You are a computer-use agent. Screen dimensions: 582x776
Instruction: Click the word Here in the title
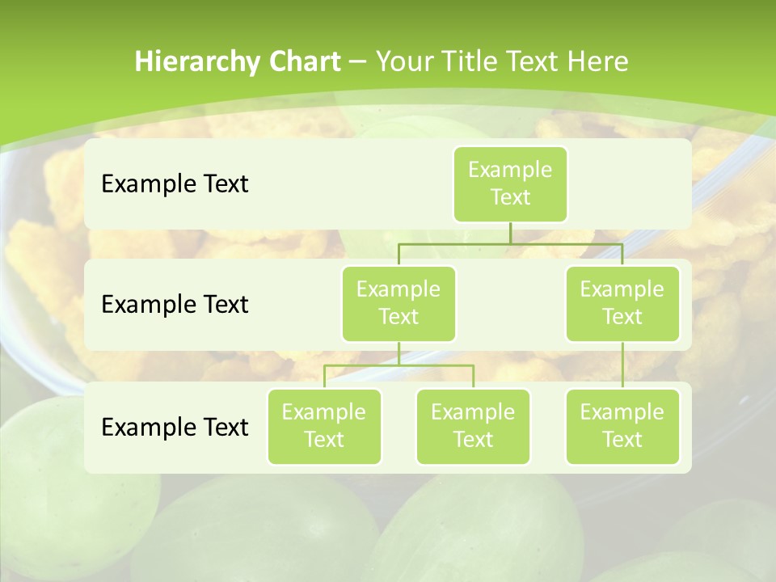click(597, 62)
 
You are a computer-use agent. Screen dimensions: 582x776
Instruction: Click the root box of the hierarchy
click(510, 183)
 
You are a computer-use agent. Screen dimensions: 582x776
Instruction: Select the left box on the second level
click(399, 303)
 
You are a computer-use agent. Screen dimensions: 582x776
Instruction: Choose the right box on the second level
click(622, 303)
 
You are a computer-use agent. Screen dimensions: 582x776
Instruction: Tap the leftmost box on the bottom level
click(324, 426)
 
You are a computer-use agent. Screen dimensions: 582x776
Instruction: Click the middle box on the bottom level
click(473, 426)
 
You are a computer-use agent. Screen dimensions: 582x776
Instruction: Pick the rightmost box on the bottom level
click(622, 426)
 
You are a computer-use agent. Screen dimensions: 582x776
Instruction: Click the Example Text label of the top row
click(175, 184)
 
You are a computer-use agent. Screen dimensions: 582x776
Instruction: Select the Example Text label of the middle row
click(175, 305)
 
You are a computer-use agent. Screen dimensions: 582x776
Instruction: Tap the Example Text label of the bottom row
click(175, 427)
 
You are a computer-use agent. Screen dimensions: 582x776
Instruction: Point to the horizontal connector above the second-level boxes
click(510, 244)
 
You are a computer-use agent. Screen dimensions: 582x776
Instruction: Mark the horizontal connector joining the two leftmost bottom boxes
click(399, 365)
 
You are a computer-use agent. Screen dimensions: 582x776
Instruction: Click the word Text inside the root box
click(510, 197)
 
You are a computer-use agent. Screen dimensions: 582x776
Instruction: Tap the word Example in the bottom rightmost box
click(622, 412)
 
